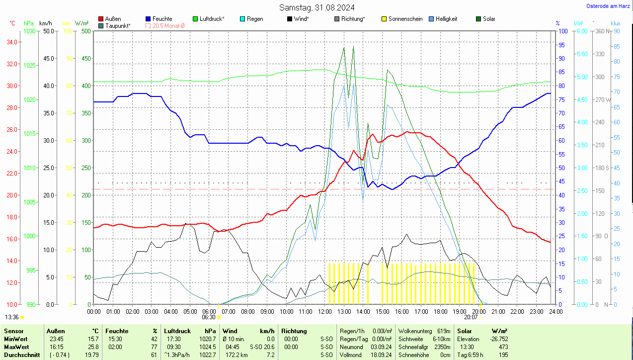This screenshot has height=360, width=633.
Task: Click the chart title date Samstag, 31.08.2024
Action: point(316,7)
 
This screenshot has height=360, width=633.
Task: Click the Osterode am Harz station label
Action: point(608,6)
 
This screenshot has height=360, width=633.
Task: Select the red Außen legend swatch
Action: point(101,19)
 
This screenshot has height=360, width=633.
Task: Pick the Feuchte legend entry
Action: point(162,19)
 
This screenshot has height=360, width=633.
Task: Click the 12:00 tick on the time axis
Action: point(324,311)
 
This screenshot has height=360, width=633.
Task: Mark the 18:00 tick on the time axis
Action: point(440,311)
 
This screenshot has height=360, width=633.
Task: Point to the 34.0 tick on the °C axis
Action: point(13,42)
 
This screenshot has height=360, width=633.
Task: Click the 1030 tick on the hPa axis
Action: point(30,31)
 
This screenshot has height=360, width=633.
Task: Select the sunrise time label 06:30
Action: point(209,317)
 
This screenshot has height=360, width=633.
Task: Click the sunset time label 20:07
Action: point(471,317)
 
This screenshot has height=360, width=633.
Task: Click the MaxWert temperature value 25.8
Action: point(92,347)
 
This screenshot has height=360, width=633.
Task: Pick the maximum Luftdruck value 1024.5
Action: point(207,347)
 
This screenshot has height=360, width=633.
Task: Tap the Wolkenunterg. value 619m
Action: point(444,331)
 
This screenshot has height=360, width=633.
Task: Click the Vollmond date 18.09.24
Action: point(382,355)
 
